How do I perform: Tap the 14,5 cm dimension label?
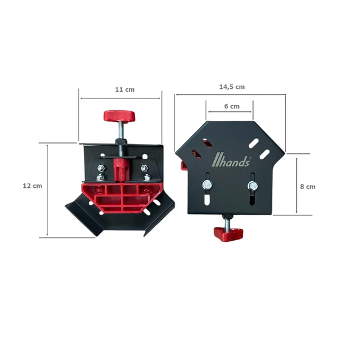[x=232, y=86]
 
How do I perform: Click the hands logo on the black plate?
[x=231, y=162]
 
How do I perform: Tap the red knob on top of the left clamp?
[x=119, y=116]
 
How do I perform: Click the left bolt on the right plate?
[x=207, y=185]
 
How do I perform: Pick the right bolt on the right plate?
[x=252, y=185]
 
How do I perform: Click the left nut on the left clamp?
[x=101, y=168]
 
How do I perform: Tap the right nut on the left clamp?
[x=145, y=168]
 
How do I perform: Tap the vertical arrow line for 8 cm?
[x=296, y=185]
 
